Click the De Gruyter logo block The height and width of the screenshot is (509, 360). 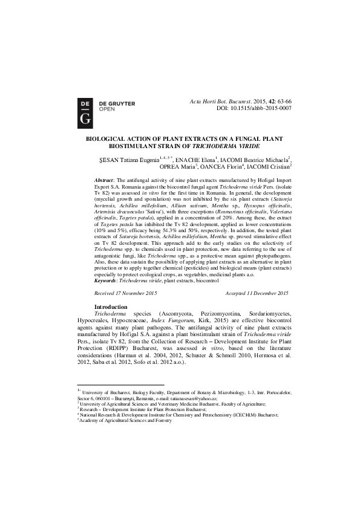coord(85,110)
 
